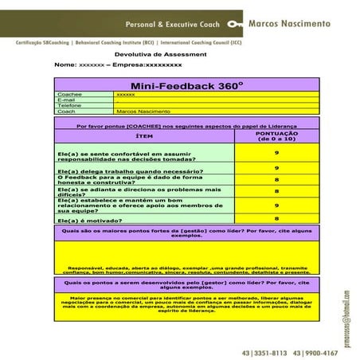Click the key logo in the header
235,24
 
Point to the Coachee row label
70,94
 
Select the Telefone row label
69,105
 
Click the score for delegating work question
276,168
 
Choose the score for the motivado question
276,217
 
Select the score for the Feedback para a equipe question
276,180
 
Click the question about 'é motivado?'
88,219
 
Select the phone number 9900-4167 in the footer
320,351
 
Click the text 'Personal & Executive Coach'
170,24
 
